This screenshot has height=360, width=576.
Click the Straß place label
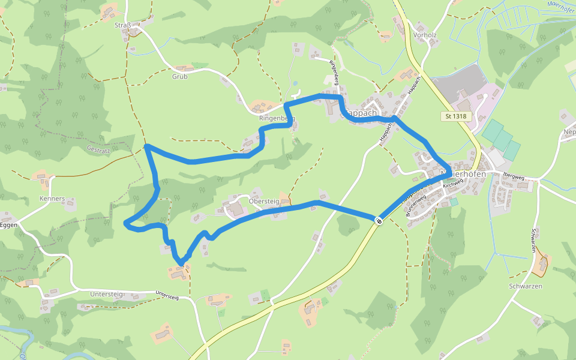(x=122, y=25)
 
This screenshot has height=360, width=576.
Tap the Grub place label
(x=180, y=76)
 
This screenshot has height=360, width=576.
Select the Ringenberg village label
(x=277, y=118)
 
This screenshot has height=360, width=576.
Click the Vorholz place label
(x=425, y=35)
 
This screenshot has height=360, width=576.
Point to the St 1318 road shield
(x=457, y=116)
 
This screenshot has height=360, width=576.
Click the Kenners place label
(x=52, y=199)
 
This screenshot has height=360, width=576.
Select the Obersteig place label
(x=264, y=202)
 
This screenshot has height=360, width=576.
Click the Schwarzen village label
(x=526, y=286)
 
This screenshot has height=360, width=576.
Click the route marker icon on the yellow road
(x=379, y=221)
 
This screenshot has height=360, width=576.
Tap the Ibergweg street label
(x=514, y=177)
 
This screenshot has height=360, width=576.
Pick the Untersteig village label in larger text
(x=106, y=294)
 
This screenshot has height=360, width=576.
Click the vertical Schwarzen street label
(x=533, y=241)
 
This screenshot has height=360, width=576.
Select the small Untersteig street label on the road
(x=167, y=296)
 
